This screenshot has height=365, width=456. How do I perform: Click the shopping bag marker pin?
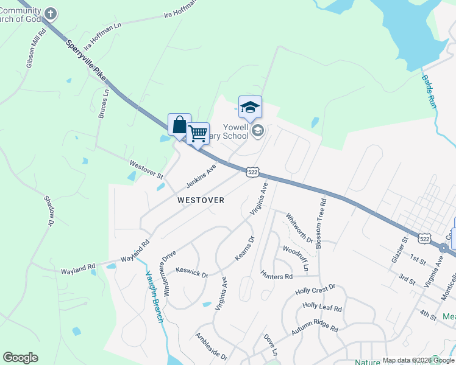[x=179, y=125]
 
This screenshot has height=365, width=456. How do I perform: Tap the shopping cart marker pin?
[x=198, y=133]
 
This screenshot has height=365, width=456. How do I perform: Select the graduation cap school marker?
[x=250, y=107]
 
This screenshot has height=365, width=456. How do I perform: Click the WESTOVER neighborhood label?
[x=201, y=200]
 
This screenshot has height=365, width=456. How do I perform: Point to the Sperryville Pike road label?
[x=86, y=61]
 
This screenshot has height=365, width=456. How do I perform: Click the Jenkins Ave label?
[x=201, y=176]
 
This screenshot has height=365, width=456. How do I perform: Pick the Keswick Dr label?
[x=191, y=272]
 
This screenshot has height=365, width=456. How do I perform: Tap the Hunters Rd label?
[x=276, y=276]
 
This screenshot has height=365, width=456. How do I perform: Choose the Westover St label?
[x=146, y=169]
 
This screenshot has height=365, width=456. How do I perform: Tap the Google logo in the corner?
[x=20, y=358]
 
